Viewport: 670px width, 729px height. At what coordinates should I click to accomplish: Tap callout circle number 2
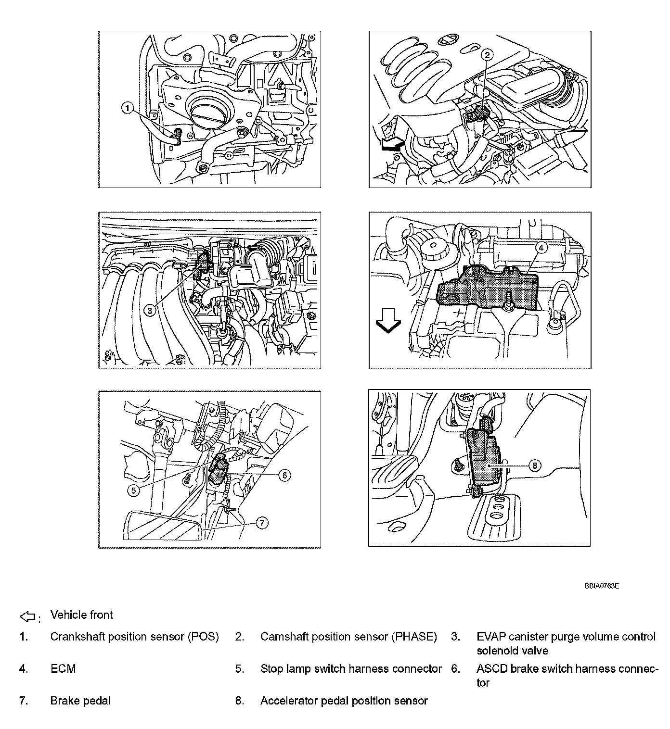[487, 55]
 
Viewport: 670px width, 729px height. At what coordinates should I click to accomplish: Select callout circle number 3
[150, 311]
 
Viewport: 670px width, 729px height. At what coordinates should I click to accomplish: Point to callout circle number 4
[541, 247]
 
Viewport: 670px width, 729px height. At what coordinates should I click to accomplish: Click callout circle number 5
[133, 490]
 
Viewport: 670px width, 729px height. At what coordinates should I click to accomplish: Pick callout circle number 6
[284, 475]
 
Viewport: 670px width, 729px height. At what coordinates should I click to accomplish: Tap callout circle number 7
[261, 523]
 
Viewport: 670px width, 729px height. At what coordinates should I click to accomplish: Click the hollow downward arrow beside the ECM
[387, 321]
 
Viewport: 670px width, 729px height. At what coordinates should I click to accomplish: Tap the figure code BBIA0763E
[602, 586]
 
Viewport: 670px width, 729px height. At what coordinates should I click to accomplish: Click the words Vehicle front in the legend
[81, 615]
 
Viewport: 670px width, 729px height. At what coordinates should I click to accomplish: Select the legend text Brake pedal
[80, 701]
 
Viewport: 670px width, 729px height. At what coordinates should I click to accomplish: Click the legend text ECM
[63, 669]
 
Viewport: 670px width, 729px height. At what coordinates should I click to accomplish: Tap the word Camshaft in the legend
[284, 637]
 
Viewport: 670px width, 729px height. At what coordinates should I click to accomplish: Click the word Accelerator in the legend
[289, 701]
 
